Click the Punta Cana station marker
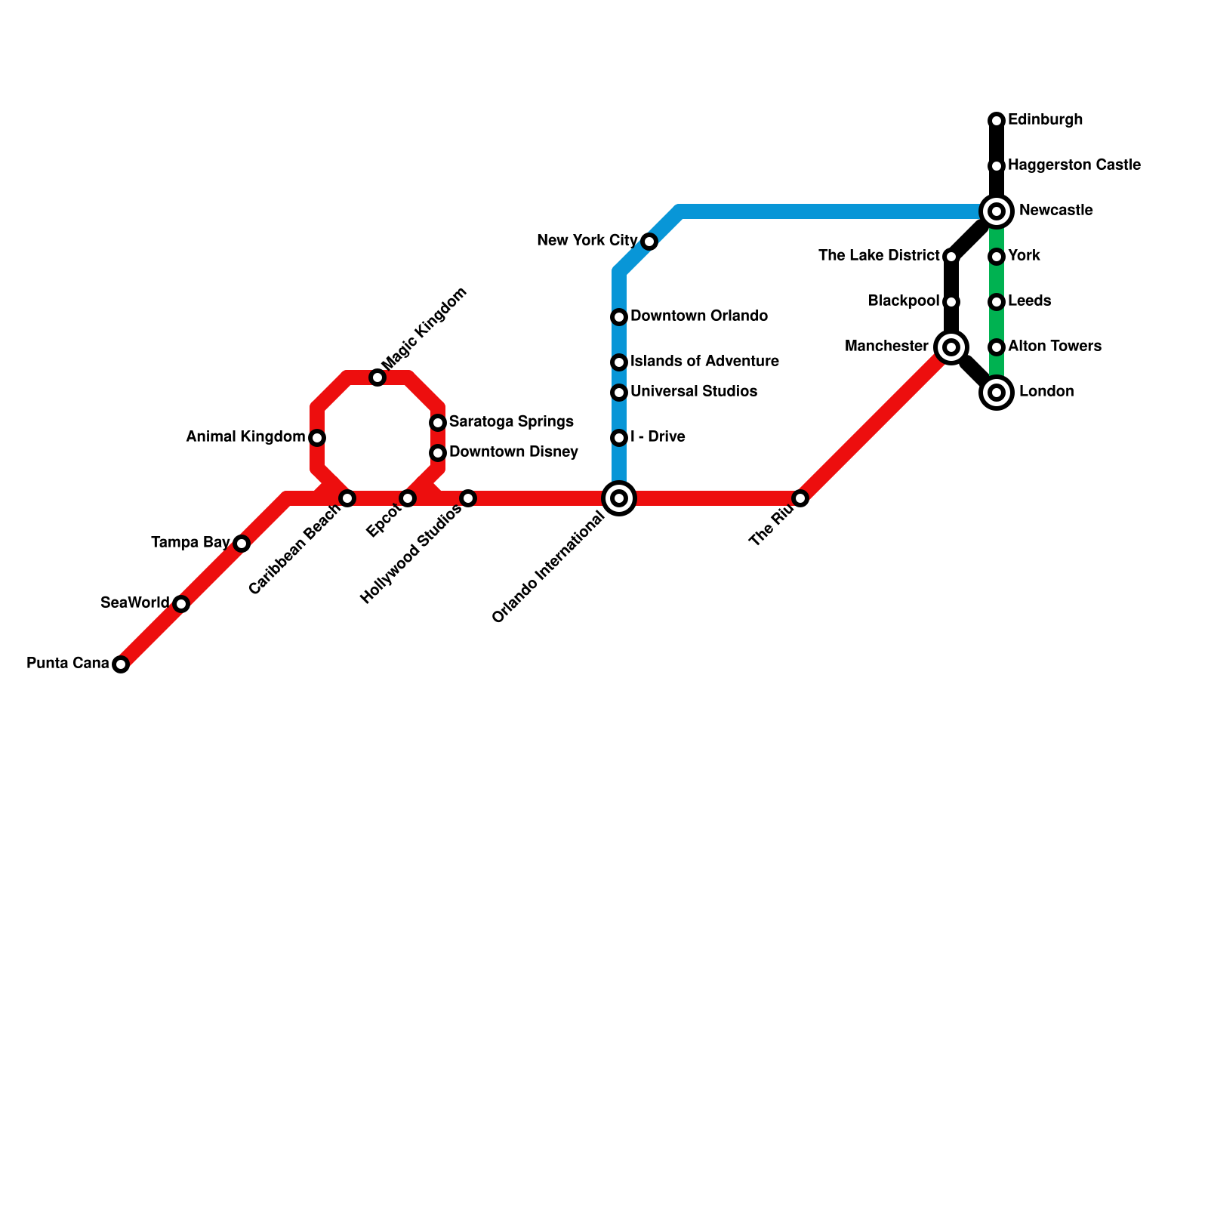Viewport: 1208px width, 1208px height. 121,664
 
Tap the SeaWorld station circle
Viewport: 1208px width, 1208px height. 181,604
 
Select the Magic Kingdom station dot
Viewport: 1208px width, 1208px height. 377,377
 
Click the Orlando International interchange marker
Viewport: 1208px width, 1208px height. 619,498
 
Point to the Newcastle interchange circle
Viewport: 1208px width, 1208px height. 997,211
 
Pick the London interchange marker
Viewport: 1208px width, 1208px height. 997,393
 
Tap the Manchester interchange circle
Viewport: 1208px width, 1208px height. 951,347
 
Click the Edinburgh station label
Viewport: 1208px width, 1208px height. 1045,120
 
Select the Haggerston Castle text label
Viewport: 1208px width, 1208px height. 1074,165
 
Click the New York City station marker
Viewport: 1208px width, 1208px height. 649,242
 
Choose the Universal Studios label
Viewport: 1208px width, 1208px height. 693,392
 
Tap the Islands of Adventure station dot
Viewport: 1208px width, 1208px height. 619,362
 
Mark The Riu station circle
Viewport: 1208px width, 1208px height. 800,498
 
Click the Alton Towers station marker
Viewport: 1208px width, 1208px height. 997,347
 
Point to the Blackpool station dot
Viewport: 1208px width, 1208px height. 951,302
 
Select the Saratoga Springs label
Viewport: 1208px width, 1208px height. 511,422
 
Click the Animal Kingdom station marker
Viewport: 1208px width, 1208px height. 317,438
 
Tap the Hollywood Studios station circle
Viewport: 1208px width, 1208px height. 468,498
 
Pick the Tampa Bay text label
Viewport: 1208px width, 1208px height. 190,543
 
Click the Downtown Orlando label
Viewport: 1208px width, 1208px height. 699,316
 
